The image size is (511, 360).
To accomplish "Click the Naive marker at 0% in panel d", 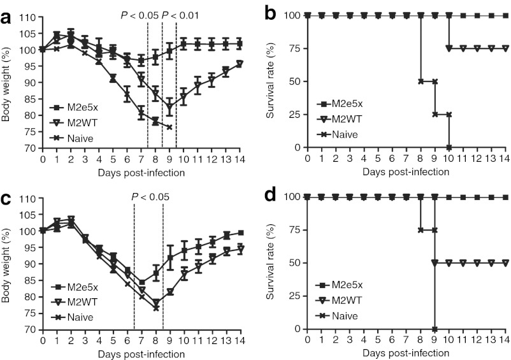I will [435, 329].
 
